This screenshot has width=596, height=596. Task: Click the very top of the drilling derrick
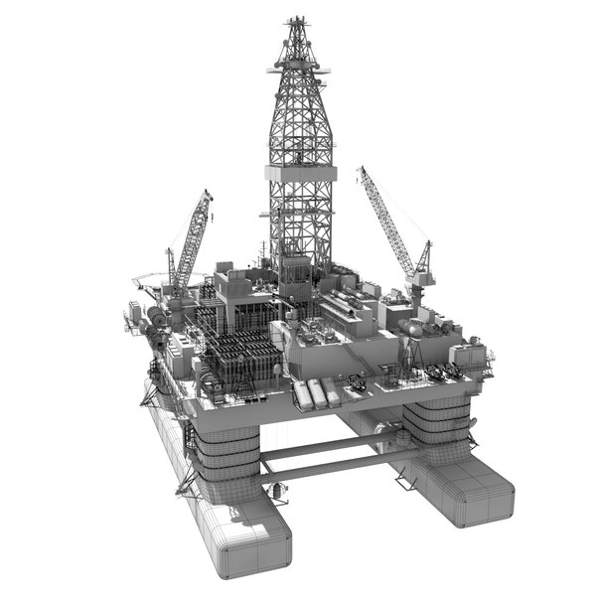295,19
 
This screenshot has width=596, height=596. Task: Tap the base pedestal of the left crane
179,294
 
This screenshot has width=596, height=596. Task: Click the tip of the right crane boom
362,169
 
